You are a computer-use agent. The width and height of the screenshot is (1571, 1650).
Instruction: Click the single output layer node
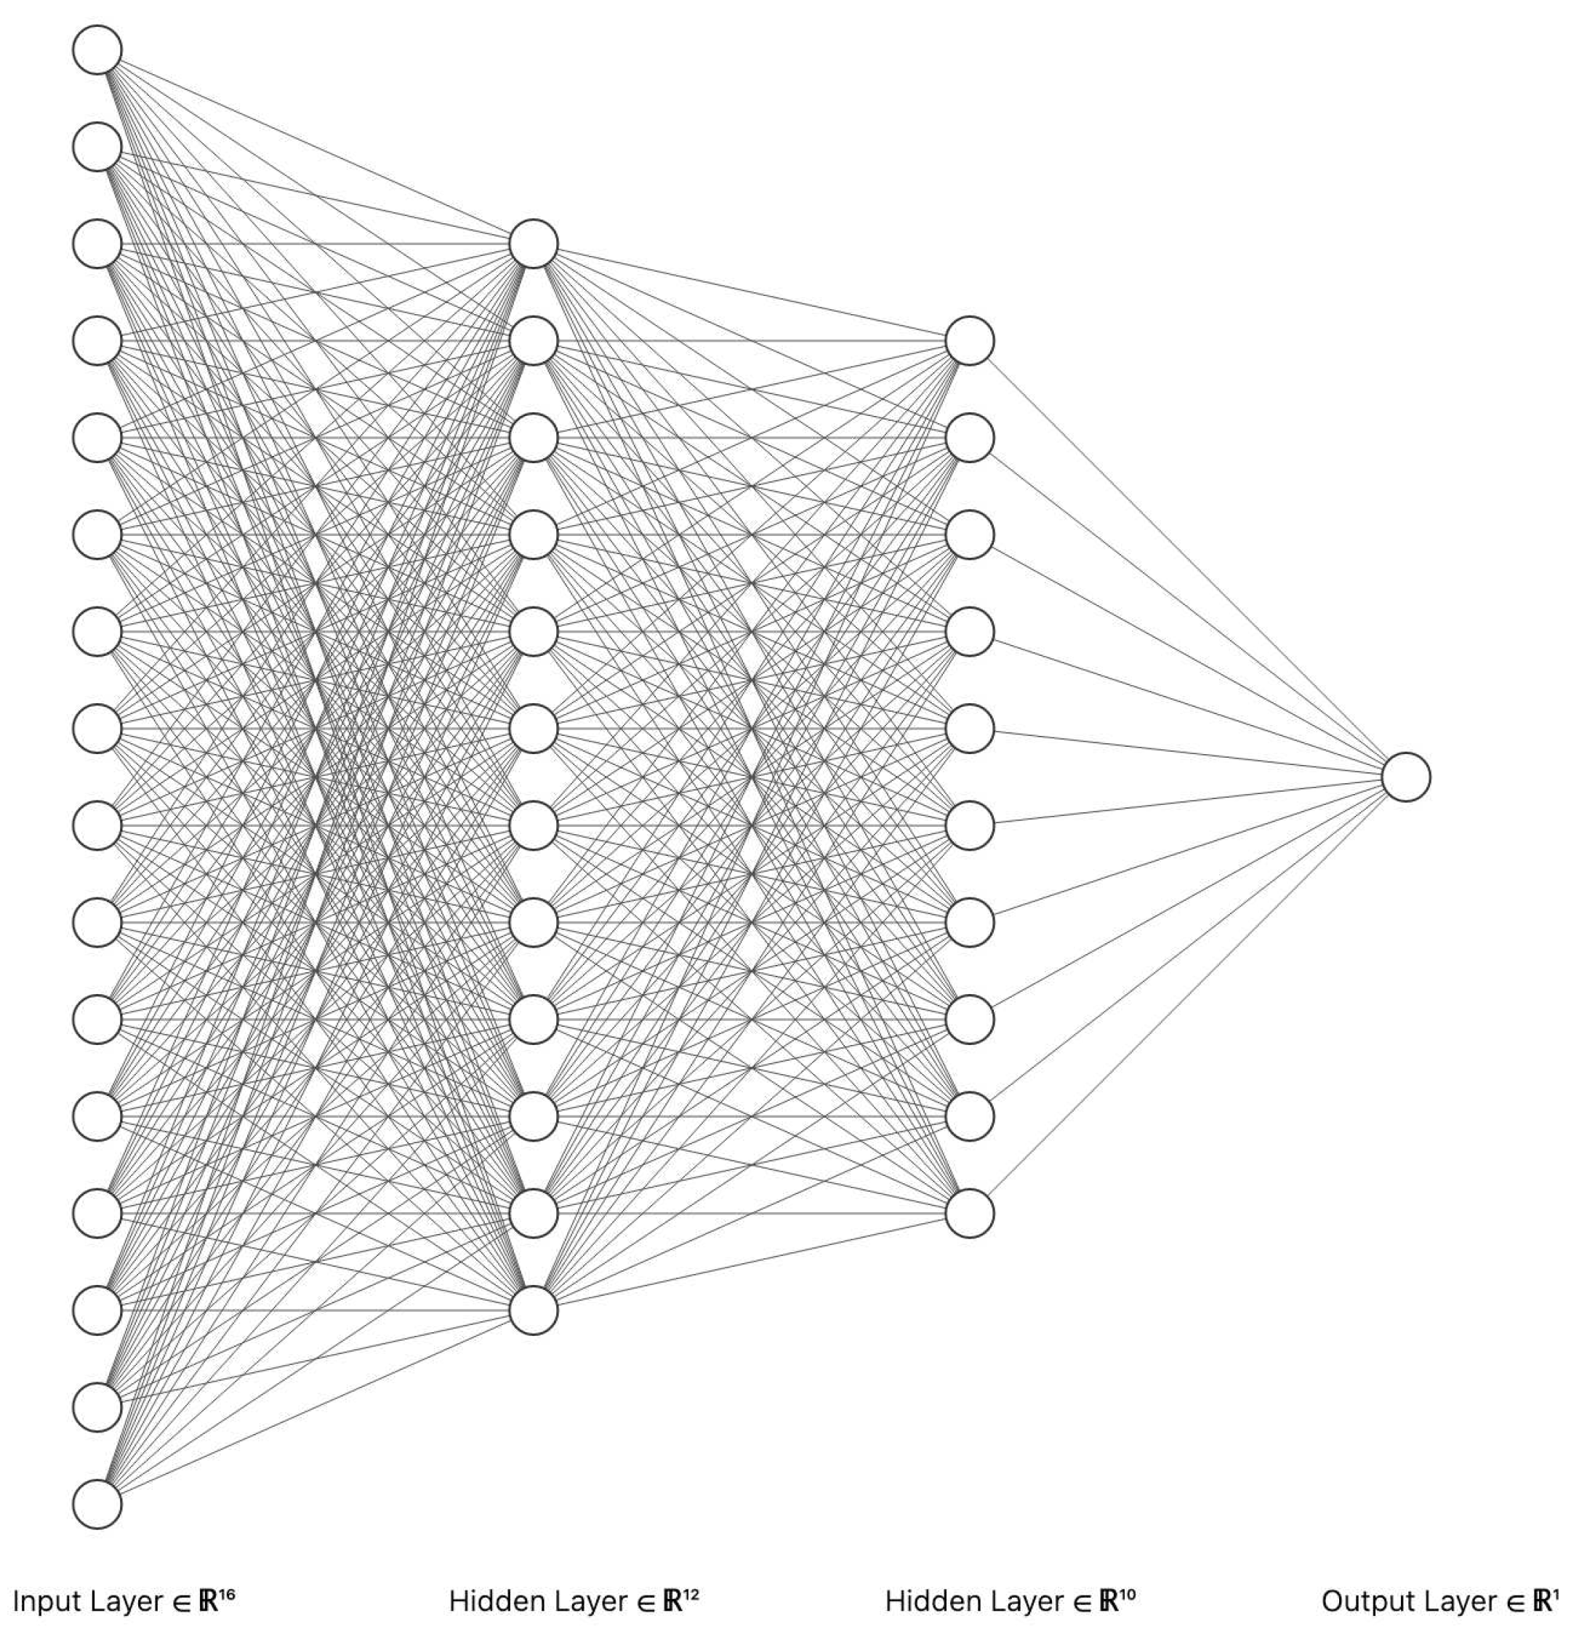[x=1405, y=777]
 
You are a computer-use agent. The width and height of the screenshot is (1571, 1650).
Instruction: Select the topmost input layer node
[x=97, y=49]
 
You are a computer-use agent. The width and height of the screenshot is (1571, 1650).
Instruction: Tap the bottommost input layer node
[x=97, y=1505]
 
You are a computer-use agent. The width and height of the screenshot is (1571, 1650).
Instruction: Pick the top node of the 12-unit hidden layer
[x=534, y=244]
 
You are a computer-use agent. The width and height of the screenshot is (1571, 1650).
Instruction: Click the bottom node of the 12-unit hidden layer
[x=534, y=1310]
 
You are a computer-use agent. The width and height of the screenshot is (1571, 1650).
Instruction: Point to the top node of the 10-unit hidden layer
[x=970, y=341]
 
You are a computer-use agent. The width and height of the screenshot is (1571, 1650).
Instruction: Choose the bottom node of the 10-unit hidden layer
[x=970, y=1213]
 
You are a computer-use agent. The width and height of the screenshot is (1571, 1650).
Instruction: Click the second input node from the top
[x=97, y=147]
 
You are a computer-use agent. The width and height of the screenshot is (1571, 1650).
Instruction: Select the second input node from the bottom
[x=97, y=1407]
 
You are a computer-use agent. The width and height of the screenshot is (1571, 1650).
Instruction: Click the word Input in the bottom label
[x=46, y=1601]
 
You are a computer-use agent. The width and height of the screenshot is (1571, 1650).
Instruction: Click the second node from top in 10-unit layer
[x=970, y=437]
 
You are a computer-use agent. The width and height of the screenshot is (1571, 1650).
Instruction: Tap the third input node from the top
[x=97, y=244]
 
